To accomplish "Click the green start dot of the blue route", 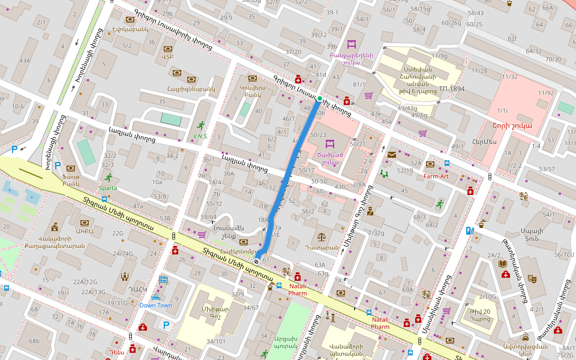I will (320, 98).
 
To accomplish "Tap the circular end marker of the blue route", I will (257, 260).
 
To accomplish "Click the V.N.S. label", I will (200, 136).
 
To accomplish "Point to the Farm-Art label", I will (436, 176).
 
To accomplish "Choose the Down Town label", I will (156, 305).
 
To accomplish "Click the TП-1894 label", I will (451, 89).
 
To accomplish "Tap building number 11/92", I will (546, 93).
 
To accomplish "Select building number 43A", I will (25, 61).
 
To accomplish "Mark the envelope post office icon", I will (392, 155).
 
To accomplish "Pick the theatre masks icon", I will (532, 279).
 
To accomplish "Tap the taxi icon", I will (526, 337).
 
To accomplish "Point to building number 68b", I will (34, 341).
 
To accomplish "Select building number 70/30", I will (553, 59).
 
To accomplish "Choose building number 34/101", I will (216, 341).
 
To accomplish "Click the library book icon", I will (503, 263).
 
